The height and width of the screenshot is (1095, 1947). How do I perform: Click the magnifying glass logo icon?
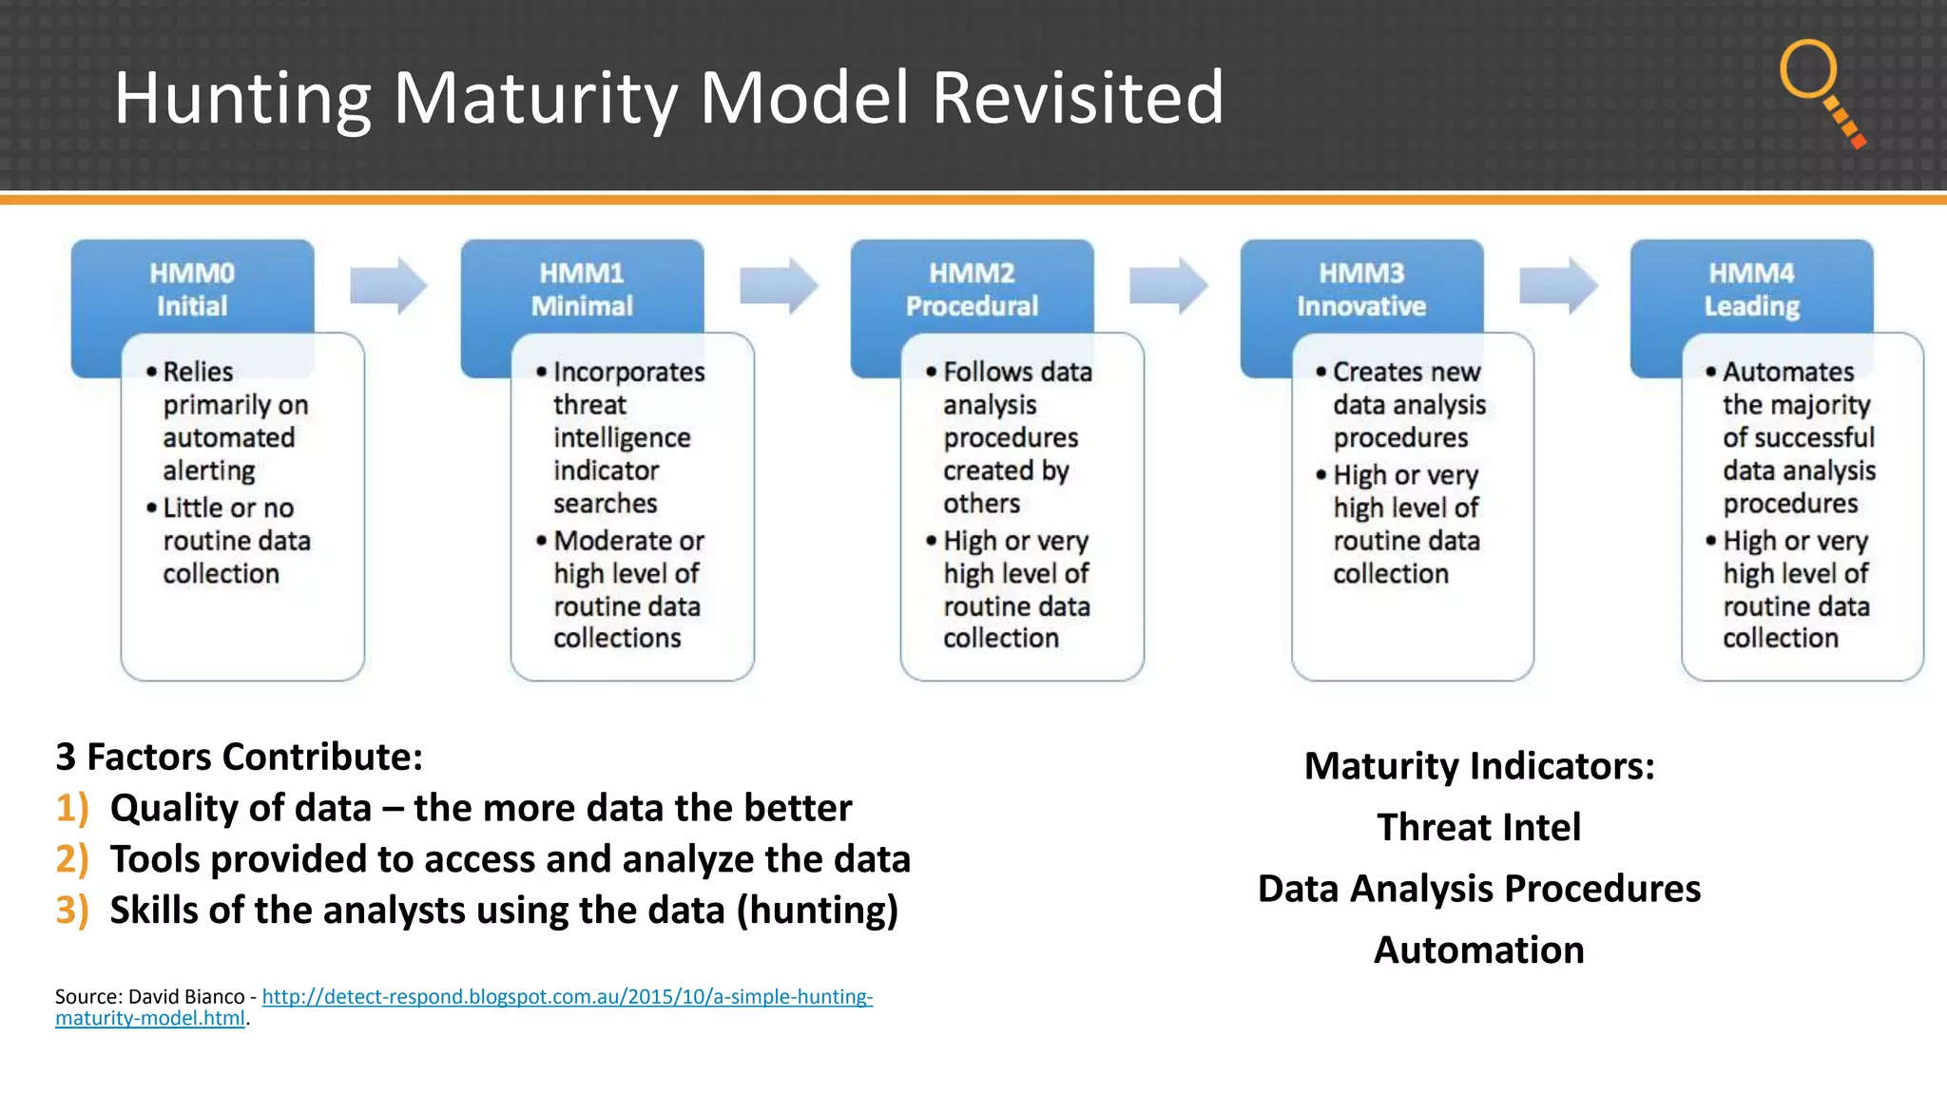(1820, 91)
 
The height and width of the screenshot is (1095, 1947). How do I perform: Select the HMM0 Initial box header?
(192, 289)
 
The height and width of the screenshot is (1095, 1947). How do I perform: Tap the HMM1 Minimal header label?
(582, 289)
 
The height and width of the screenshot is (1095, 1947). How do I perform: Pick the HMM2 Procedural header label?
(972, 289)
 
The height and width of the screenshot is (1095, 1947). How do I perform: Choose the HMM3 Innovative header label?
(1361, 289)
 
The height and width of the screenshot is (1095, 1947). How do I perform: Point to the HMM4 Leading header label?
(1751, 289)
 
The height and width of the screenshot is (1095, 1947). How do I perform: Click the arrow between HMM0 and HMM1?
(389, 285)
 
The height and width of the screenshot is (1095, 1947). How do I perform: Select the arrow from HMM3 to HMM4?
(1558, 285)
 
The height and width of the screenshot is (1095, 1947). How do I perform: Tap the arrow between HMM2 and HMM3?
(1168, 285)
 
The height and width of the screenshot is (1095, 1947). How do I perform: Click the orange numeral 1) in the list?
(72, 808)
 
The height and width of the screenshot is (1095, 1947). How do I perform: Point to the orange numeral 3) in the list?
(72, 911)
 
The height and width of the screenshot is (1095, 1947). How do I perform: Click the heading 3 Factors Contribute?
(239, 757)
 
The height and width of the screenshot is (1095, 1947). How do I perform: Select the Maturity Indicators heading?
(1478, 766)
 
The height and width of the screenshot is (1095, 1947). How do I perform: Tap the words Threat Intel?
(1478, 827)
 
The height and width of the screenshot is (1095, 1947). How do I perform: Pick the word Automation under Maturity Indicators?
(1478, 951)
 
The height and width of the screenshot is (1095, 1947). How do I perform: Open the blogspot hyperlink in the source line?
(567, 997)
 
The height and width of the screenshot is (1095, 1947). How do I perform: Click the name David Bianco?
(186, 997)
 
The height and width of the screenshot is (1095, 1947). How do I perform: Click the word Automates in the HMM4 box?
(1787, 372)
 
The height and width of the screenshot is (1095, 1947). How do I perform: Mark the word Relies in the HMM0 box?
(198, 372)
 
